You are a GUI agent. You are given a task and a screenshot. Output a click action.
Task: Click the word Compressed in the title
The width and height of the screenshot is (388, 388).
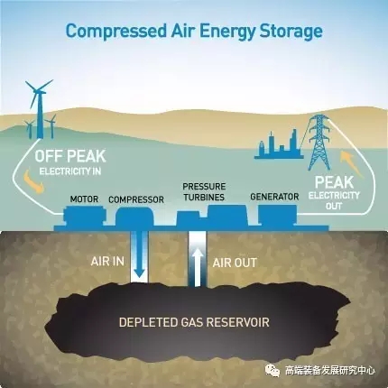click(x=115, y=32)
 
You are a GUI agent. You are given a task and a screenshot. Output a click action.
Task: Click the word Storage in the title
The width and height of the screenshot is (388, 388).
click(x=291, y=32)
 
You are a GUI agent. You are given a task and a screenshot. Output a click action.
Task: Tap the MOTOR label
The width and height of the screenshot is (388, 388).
click(x=84, y=199)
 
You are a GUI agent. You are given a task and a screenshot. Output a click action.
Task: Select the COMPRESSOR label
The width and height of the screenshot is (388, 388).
click(x=136, y=199)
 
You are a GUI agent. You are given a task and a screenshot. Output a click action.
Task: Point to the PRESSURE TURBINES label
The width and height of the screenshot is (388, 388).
click(x=204, y=191)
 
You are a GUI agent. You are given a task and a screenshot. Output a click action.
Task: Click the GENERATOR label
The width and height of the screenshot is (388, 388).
click(x=274, y=197)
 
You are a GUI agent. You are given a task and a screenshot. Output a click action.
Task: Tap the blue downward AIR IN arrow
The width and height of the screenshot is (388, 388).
click(x=139, y=254)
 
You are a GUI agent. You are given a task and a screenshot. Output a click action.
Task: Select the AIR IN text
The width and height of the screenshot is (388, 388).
click(x=107, y=262)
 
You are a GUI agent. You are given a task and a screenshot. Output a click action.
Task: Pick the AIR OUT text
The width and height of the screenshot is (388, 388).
click(x=235, y=263)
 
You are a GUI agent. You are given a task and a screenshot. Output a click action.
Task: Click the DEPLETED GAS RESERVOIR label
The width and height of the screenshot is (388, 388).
click(x=194, y=322)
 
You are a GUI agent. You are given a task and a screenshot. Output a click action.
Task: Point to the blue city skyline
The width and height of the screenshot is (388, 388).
click(x=279, y=145)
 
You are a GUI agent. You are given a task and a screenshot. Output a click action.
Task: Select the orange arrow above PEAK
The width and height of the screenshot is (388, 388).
click(x=351, y=164)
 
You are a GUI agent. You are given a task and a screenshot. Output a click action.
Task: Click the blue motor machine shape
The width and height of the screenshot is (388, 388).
click(x=85, y=216)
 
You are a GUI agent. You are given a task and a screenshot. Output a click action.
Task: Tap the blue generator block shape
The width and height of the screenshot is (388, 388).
click(x=278, y=215)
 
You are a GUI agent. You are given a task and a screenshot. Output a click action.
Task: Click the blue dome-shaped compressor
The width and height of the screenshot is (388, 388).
click(x=134, y=217)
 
